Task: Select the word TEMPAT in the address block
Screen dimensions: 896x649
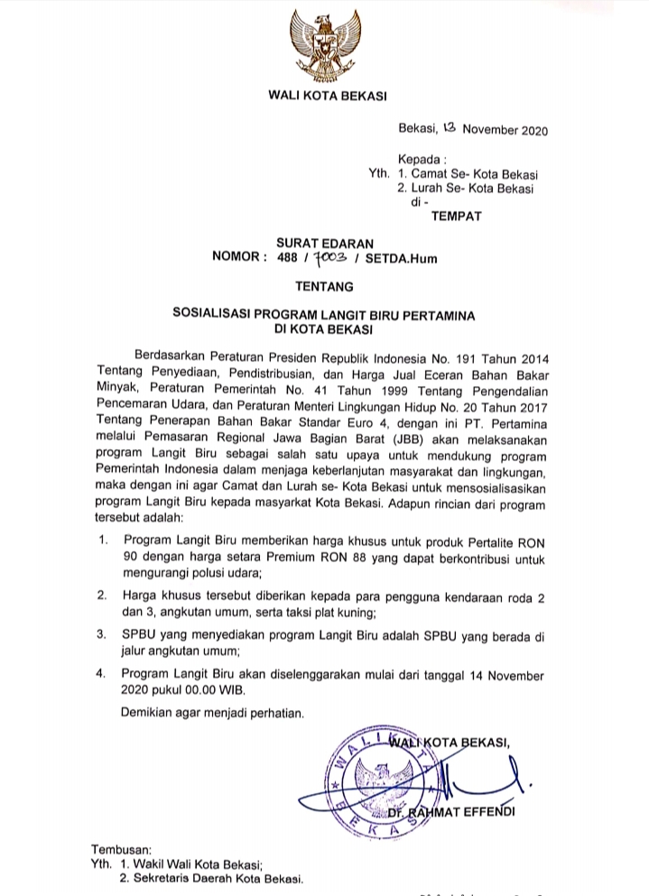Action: [x=457, y=215]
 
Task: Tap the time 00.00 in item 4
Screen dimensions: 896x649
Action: [x=191, y=689]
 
